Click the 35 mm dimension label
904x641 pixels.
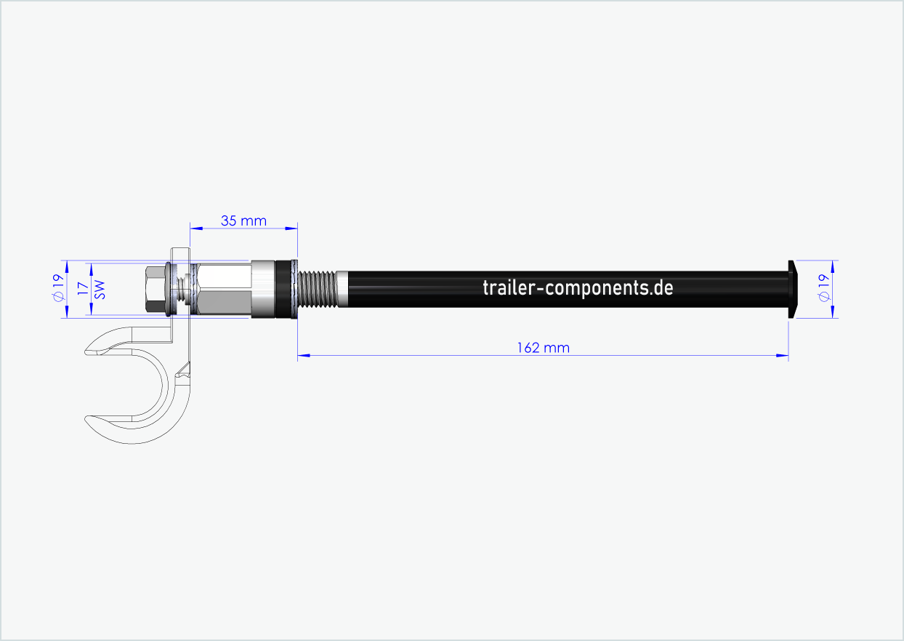(243, 220)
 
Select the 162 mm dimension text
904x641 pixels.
(543, 348)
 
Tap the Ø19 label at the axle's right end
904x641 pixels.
(823, 288)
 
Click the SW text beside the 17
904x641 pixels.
(100, 290)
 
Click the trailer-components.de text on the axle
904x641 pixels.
(578, 287)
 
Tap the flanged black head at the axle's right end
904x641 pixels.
(792, 288)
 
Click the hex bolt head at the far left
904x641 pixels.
(155, 289)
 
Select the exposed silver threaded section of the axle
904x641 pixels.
(318, 288)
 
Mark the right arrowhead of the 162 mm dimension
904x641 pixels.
(783, 356)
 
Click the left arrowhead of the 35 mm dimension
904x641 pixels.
(195, 228)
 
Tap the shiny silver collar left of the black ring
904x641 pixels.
(262, 289)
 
